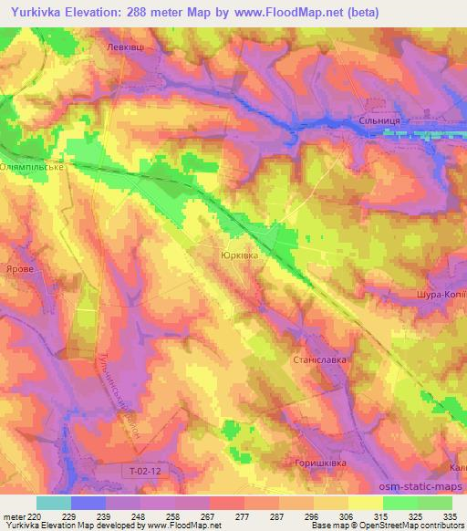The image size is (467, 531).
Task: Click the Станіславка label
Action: tap(317, 359)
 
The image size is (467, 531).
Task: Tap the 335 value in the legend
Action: tap(451, 516)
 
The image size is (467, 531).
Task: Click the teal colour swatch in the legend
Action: tap(54, 503)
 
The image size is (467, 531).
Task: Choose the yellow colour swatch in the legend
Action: tap(365, 503)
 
